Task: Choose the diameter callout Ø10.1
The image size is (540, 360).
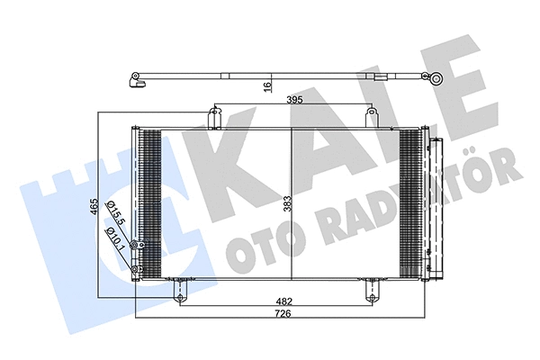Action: tap(114, 238)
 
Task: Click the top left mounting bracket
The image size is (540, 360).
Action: tap(214, 116)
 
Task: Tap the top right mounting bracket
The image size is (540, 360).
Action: tap(370, 116)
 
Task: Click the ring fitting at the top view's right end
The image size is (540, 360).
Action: tap(436, 79)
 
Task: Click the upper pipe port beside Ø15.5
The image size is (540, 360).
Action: tap(134, 246)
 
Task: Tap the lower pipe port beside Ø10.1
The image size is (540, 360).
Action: tap(134, 270)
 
